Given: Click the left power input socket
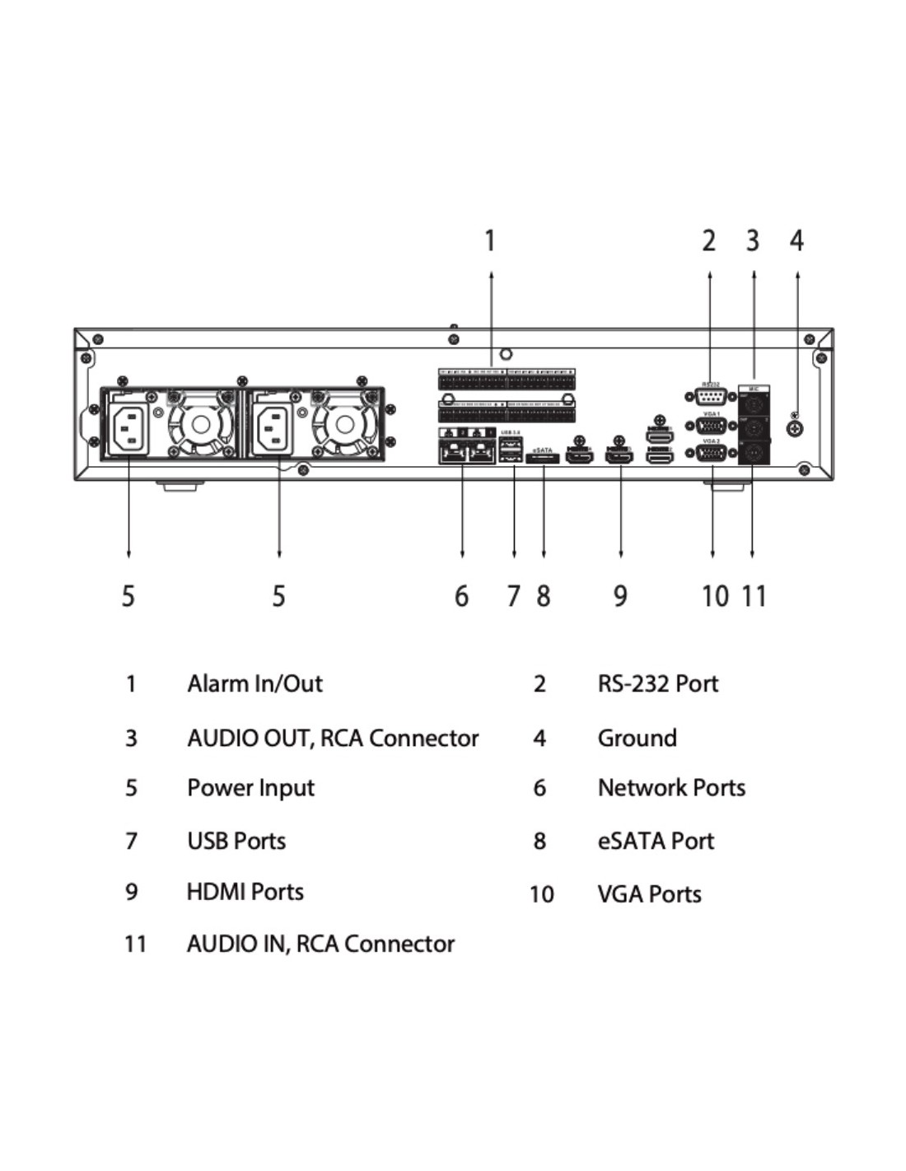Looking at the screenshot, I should [129, 428].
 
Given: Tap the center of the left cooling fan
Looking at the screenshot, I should [200, 425].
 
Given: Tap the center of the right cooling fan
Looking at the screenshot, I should [344, 425].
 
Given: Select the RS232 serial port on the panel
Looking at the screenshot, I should [710, 397].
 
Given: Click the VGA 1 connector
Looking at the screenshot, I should [711, 426].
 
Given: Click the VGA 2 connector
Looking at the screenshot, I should [711, 454].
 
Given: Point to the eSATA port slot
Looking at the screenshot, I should [542, 458].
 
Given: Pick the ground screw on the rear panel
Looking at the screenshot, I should [795, 428].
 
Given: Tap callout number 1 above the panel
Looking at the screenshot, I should [490, 241].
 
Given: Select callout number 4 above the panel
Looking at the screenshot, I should [796, 240].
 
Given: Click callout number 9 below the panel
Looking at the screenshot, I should [620, 595].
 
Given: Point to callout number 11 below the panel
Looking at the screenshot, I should [754, 595].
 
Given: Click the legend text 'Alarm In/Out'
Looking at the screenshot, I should [255, 683].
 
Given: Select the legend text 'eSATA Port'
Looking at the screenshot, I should [656, 841].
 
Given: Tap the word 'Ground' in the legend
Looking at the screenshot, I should [637, 738].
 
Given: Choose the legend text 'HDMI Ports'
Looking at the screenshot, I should [245, 892].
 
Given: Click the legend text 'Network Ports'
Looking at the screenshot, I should [671, 788].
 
